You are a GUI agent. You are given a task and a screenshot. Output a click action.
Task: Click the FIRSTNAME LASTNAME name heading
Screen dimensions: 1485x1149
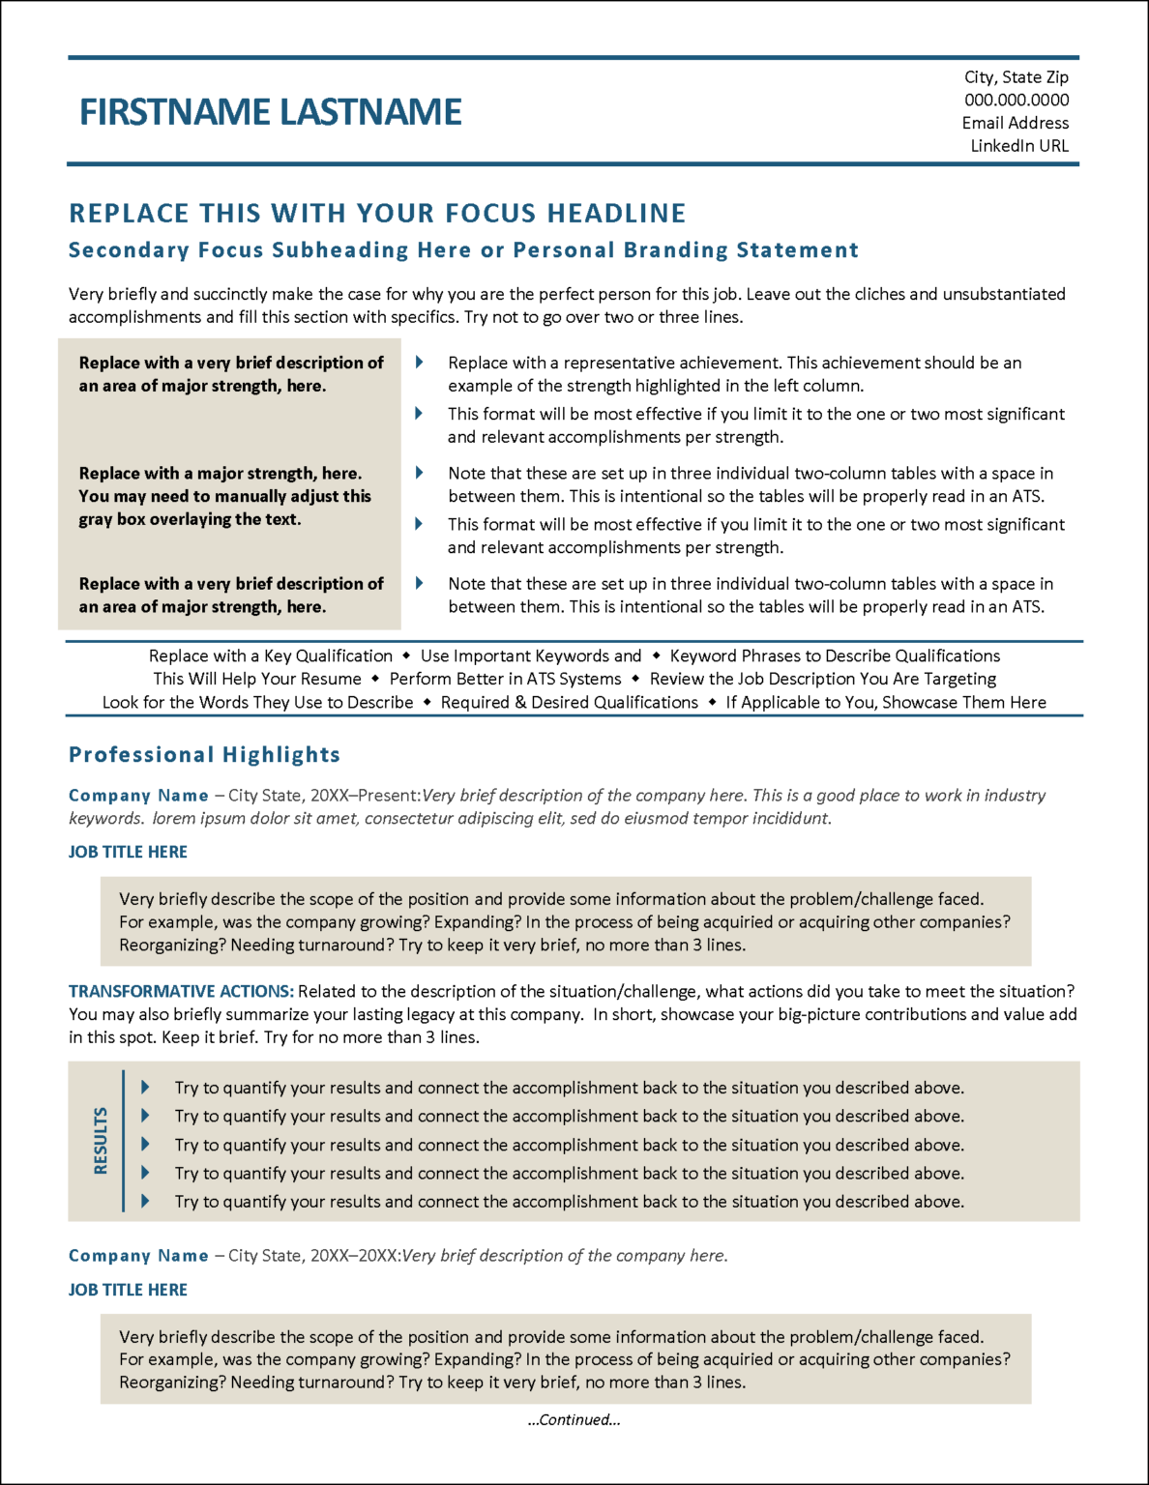point(271,112)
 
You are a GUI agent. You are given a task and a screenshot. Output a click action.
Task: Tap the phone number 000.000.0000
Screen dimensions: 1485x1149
point(1016,100)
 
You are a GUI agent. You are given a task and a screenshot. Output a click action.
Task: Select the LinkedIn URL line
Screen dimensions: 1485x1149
point(1019,146)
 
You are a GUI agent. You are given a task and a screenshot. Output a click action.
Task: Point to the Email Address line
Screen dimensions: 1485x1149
point(1016,123)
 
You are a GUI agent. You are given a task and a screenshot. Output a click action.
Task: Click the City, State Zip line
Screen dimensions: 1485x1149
point(1016,77)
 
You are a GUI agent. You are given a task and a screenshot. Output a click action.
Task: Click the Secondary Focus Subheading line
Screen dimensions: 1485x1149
point(463,250)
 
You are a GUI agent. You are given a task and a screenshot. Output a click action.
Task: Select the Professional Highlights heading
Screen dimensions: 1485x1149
point(204,755)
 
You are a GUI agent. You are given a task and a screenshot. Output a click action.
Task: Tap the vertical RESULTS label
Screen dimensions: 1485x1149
point(101,1141)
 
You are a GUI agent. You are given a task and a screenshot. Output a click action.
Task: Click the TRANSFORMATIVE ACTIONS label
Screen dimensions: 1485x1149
point(181,992)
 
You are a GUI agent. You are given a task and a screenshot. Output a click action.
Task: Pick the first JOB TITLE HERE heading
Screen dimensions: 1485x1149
point(128,852)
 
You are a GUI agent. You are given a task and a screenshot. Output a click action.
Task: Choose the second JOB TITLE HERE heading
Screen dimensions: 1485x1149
point(128,1290)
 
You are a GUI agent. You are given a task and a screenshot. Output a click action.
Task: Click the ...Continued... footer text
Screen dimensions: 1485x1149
point(574,1419)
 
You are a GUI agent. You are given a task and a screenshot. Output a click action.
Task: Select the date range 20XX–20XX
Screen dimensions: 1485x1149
point(354,1256)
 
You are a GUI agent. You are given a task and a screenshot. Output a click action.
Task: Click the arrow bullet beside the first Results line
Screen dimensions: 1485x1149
point(145,1088)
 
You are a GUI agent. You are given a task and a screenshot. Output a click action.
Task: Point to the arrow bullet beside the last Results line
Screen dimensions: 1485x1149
point(145,1202)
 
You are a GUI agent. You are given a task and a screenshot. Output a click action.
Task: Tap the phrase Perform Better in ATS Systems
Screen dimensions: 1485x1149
point(505,679)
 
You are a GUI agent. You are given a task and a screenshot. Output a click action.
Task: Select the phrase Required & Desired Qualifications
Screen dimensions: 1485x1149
point(569,703)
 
